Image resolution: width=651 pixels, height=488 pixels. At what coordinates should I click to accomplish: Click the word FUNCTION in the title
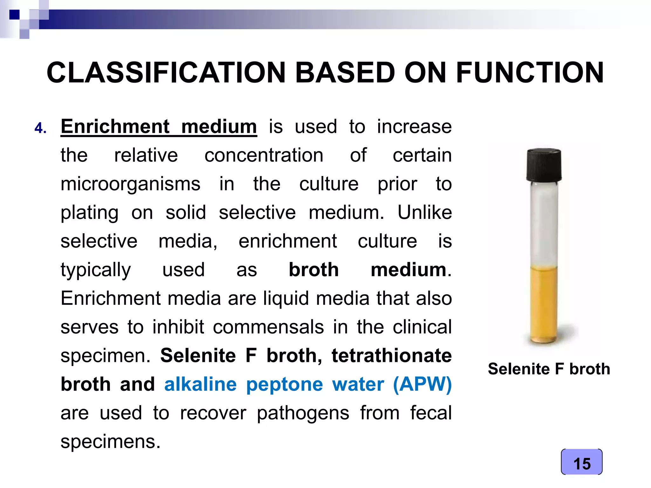[x=530, y=73]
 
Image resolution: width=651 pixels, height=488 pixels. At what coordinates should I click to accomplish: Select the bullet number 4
[x=40, y=128]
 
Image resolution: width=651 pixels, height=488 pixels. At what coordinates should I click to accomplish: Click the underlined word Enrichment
[x=115, y=126]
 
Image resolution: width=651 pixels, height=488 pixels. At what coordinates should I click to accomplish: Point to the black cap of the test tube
[x=544, y=165]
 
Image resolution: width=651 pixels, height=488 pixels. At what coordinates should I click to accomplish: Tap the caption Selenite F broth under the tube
[x=549, y=369]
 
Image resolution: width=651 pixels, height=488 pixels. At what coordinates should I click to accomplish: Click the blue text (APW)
[x=422, y=384]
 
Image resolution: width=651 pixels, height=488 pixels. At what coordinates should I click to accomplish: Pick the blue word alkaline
[x=200, y=384]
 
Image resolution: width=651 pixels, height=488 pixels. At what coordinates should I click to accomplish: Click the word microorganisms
[x=130, y=184]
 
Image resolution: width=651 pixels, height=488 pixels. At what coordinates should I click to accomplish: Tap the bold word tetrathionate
[x=391, y=356]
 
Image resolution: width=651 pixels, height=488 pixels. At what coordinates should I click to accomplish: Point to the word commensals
[x=268, y=327]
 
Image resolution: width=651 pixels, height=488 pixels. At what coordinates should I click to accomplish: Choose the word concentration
[x=264, y=155]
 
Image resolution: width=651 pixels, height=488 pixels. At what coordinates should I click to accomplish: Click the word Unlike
[x=424, y=213]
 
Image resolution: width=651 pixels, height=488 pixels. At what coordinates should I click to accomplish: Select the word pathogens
[x=303, y=413]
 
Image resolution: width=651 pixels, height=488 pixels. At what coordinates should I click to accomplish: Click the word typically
[x=96, y=270]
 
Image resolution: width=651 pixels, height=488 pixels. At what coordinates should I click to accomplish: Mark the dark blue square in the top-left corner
[x=14, y=15]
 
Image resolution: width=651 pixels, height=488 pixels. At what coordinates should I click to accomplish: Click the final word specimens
[x=110, y=442]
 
